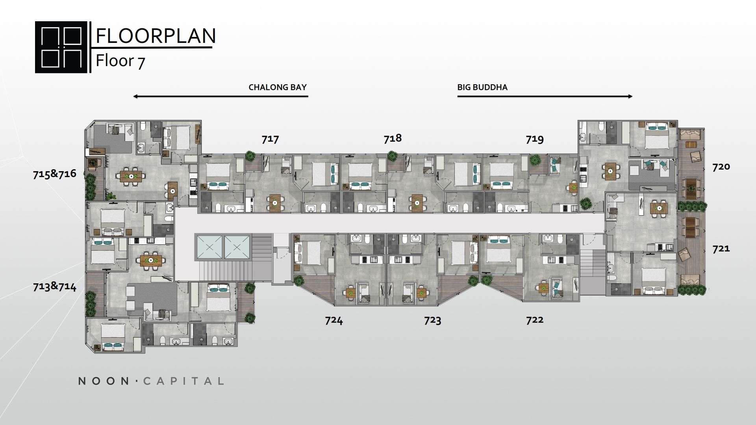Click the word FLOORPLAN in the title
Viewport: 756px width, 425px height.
click(x=156, y=36)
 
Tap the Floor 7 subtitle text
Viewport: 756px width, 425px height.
click(x=120, y=61)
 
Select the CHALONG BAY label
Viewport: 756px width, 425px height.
click(x=278, y=87)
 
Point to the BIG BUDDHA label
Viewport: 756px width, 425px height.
click(x=482, y=87)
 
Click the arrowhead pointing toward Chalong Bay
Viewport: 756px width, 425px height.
click(x=135, y=96)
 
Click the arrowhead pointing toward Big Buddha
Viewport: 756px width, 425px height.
click(x=630, y=96)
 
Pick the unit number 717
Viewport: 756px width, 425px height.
click(x=270, y=139)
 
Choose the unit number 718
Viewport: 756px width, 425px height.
click(x=393, y=138)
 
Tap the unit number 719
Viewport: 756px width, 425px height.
click(x=535, y=139)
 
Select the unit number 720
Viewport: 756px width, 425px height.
click(x=721, y=166)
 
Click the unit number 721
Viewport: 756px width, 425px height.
click(x=721, y=248)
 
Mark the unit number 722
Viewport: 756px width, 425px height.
click(x=535, y=320)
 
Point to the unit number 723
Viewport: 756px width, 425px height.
click(x=432, y=320)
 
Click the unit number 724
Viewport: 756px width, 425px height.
click(x=334, y=320)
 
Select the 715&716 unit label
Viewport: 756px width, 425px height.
click(x=54, y=174)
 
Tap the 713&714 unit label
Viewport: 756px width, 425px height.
click(x=54, y=286)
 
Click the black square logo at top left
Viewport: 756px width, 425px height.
click(x=61, y=47)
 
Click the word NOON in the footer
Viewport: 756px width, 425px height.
click(x=104, y=381)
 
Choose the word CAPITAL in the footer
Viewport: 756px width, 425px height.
click(x=183, y=381)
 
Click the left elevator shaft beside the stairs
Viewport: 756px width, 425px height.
click(x=209, y=247)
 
